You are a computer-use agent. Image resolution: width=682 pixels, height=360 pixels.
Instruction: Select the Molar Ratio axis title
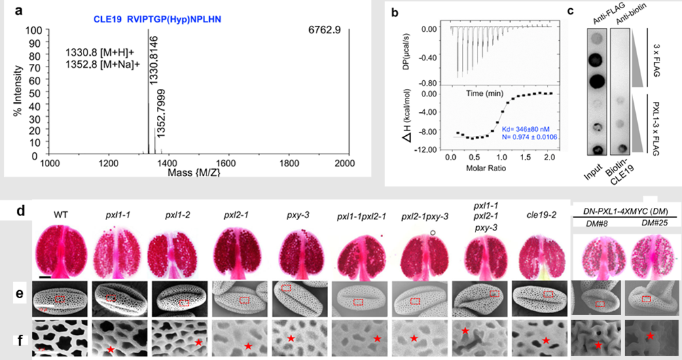tap(498, 168)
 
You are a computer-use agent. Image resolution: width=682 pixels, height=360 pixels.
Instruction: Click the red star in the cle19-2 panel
tap(546, 339)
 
